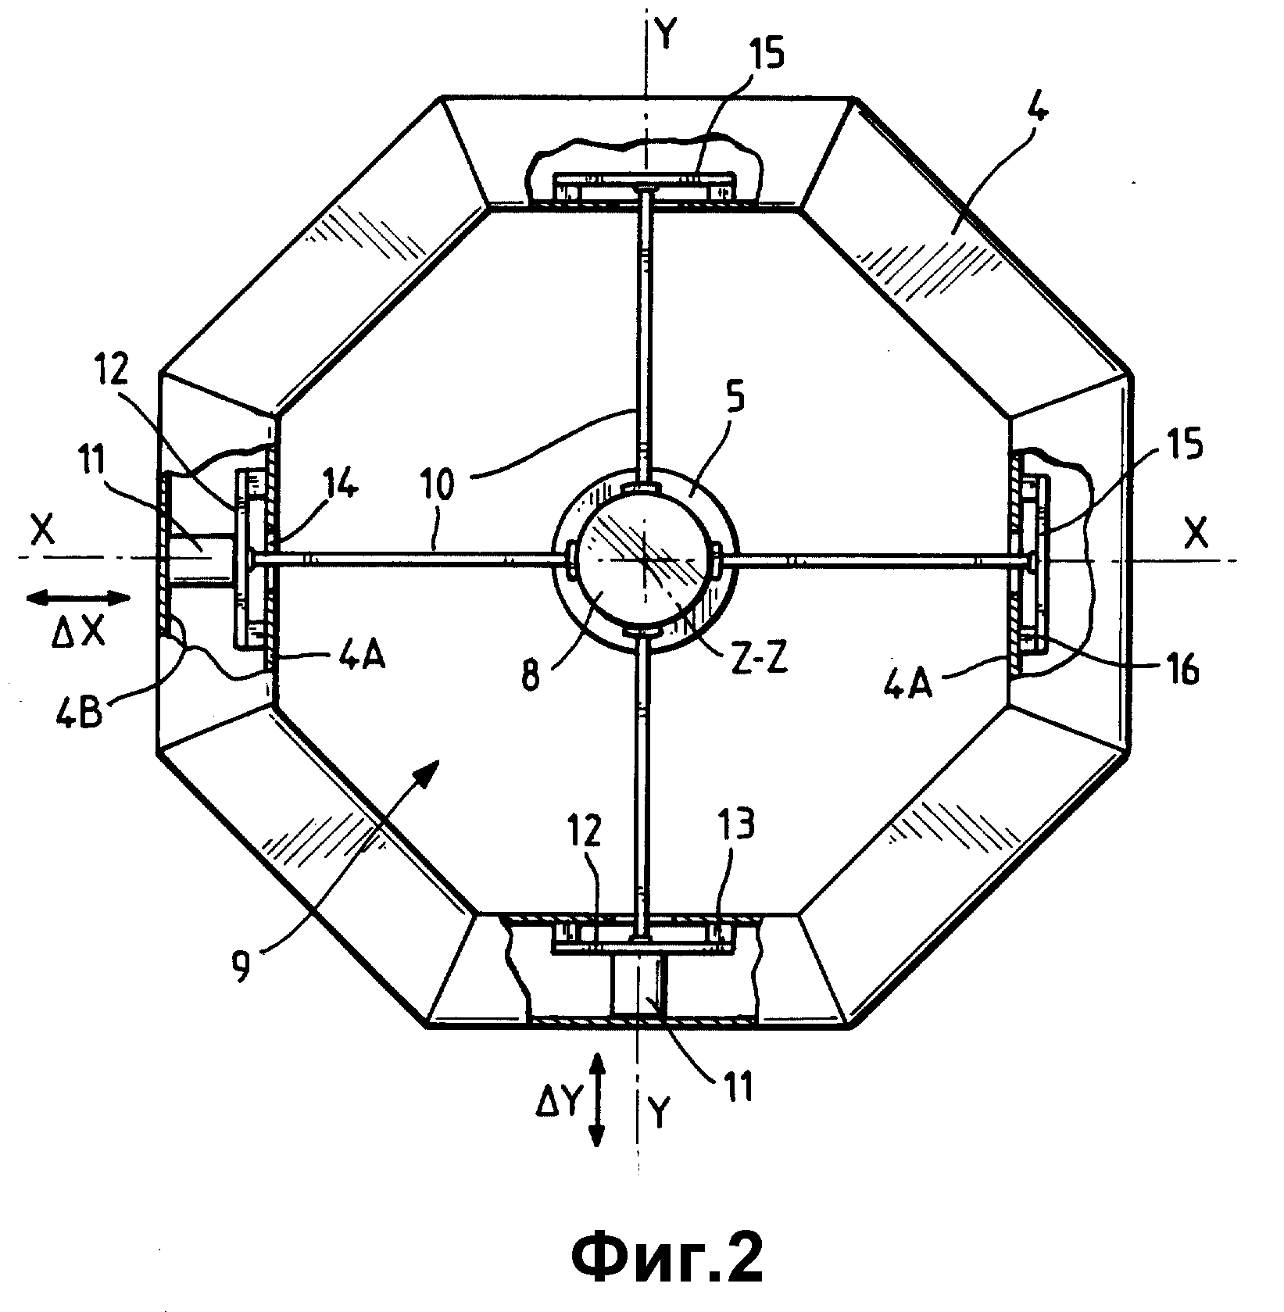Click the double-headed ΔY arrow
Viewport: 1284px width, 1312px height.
point(596,1102)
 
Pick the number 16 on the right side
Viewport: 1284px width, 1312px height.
point(1182,670)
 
